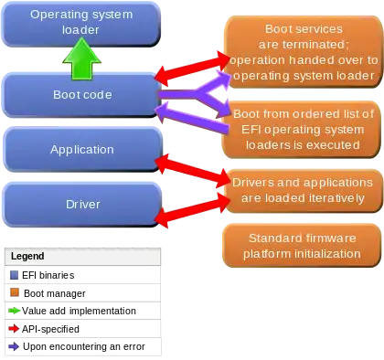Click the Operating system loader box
click(81, 24)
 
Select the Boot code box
click(81, 95)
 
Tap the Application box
click(82, 150)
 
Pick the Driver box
click(82, 205)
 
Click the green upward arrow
click(81, 59)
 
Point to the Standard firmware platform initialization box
click(302, 246)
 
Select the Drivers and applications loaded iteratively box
click(303, 190)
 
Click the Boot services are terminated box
click(304, 52)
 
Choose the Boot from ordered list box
click(302, 130)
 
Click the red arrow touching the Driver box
click(193, 209)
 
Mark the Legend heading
click(27, 256)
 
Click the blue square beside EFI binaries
click(15, 275)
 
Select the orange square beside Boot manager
click(15, 292)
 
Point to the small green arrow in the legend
click(15, 311)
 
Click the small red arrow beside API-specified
click(14, 329)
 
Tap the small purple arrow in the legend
click(14, 346)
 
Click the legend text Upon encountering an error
click(84, 346)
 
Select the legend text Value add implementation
click(79, 311)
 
